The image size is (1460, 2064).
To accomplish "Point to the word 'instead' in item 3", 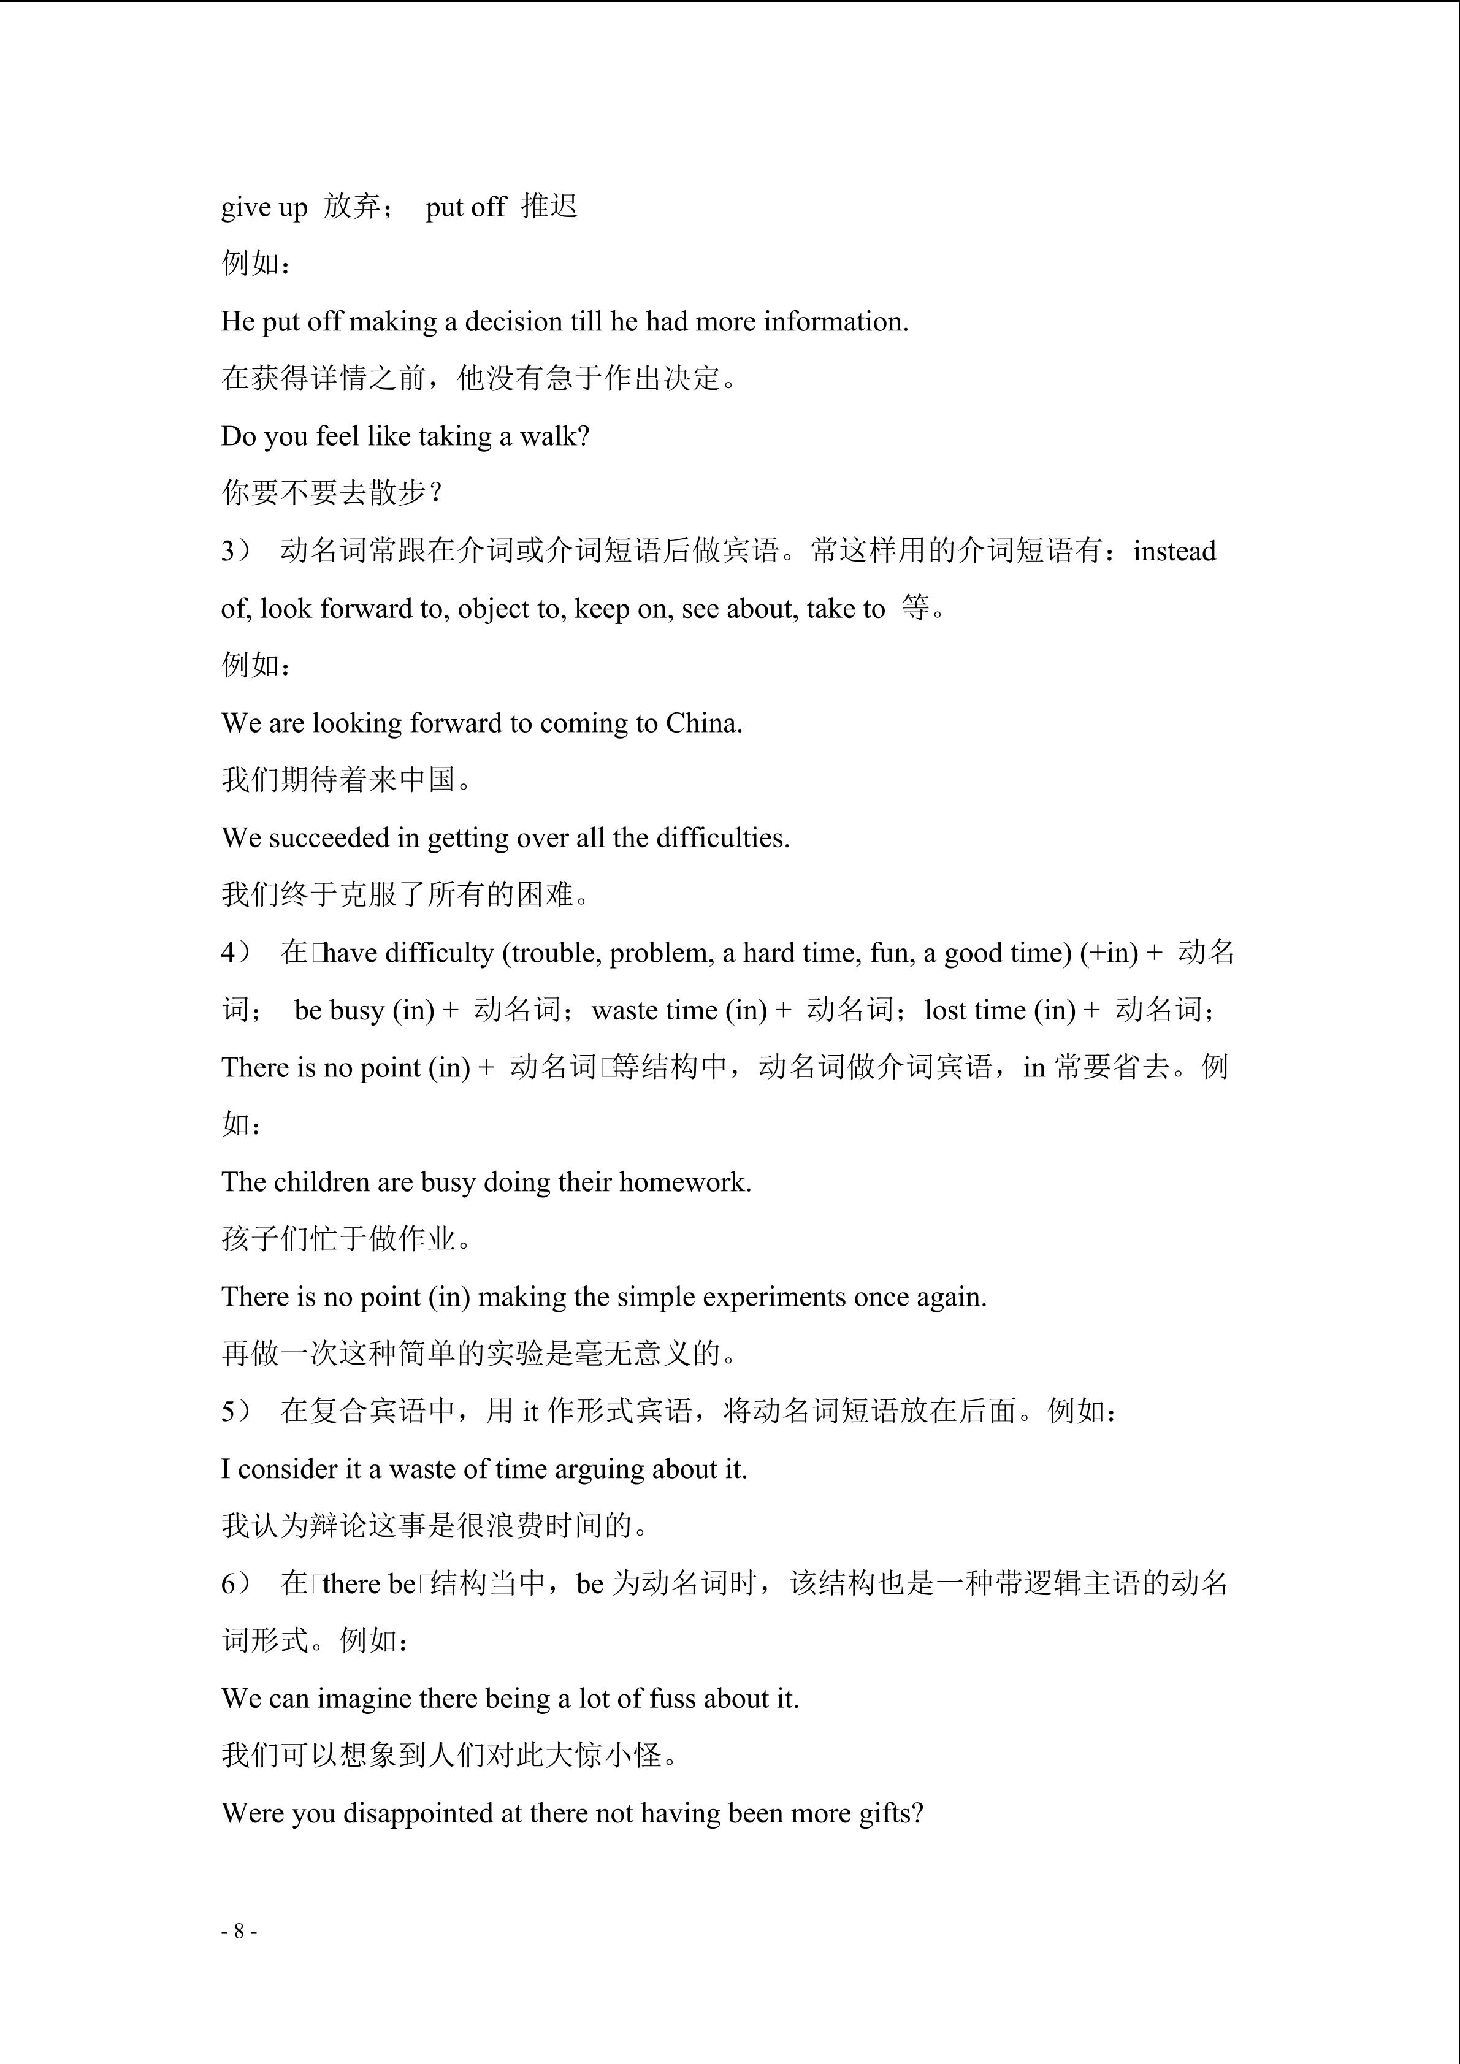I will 1174,551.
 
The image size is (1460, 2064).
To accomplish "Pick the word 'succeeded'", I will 329,838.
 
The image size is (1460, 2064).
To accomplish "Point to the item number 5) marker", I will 235,1411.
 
